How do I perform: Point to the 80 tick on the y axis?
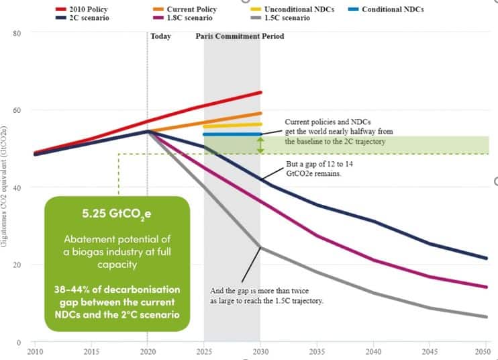tap(17, 33)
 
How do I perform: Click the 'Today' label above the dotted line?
tap(161, 36)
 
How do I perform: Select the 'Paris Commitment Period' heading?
tap(239, 36)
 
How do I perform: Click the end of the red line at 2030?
tap(260, 92)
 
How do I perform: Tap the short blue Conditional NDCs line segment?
tap(232, 134)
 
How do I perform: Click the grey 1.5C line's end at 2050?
tap(487, 317)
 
